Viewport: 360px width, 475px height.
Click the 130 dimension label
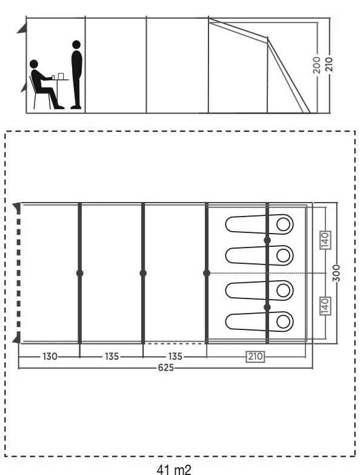tap(50, 356)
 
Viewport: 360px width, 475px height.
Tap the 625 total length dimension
tap(166, 368)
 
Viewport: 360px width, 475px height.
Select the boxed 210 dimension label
tap(256, 356)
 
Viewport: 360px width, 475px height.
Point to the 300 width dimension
tap(336, 273)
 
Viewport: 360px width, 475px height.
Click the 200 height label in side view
tap(317, 64)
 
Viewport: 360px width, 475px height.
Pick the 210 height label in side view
tap(329, 64)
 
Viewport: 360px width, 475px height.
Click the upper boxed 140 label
tap(325, 240)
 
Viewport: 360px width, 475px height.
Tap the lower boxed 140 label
tap(325, 306)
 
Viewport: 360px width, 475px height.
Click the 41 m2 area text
tap(174, 470)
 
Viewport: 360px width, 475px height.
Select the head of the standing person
tap(76, 44)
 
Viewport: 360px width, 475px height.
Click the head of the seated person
tap(34, 64)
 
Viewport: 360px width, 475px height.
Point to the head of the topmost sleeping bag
tap(284, 224)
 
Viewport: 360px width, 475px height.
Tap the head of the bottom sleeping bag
tap(284, 322)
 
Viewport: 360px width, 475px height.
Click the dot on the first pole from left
tap(79, 273)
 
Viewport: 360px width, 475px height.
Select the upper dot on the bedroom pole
tap(267, 240)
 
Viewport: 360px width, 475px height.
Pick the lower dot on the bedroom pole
tap(267, 308)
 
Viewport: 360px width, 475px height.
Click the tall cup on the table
tap(61, 76)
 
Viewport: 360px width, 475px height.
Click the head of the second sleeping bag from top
tap(284, 255)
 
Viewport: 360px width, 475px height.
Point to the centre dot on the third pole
tap(207, 273)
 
